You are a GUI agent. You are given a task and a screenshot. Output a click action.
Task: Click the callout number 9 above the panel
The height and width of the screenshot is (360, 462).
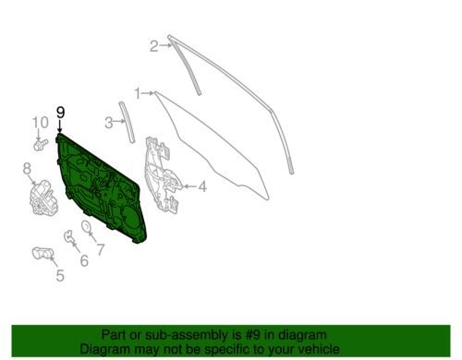(61, 113)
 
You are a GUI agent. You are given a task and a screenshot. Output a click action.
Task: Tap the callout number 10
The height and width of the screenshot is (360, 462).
(41, 123)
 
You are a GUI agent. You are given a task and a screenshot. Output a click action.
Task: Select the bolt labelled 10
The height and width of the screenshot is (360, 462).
(41, 145)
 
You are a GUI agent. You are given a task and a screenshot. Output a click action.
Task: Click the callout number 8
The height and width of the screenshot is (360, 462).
(27, 168)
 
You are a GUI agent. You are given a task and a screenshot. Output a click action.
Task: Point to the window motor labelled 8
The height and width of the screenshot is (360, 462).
(43, 198)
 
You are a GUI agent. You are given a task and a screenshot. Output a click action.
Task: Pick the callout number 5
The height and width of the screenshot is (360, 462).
(60, 275)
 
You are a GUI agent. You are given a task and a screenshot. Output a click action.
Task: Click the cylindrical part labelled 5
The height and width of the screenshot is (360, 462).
(43, 253)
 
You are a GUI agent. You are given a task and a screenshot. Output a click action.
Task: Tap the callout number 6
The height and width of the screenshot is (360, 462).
(84, 260)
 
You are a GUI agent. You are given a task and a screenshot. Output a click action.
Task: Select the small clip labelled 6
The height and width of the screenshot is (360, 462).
(68, 236)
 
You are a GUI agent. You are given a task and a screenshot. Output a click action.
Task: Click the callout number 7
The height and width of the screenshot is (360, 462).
(101, 249)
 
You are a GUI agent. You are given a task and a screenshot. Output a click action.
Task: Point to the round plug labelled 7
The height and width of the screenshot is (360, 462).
(86, 226)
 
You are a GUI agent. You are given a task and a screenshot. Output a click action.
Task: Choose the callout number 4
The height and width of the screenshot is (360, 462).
(202, 186)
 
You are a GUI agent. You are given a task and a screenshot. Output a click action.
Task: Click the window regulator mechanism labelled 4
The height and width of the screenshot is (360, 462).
(161, 174)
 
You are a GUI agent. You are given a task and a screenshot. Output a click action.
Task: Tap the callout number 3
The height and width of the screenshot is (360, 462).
(109, 123)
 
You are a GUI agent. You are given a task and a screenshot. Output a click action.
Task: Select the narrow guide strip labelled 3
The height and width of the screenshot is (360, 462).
(127, 122)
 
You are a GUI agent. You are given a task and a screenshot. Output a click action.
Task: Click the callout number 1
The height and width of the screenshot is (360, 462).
(138, 93)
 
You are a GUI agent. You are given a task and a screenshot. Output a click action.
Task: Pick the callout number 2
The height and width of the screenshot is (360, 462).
(154, 46)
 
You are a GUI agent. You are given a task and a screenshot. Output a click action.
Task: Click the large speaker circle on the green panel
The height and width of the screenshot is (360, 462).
(130, 219)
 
